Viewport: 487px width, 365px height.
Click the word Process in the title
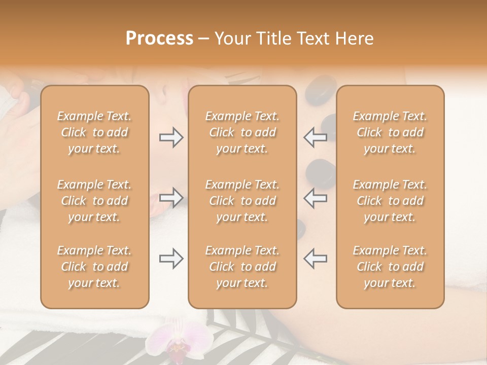click(x=159, y=39)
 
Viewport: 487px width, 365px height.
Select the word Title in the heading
click(x=273, y=39)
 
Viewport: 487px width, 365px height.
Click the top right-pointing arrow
click(x=171, y=137)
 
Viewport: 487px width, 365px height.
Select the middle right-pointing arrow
click(x=171, y=197)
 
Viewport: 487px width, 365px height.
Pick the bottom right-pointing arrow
click(x=171, y=259)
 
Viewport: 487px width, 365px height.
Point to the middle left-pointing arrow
click(x=315, y=197)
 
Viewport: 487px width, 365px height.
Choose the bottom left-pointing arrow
click(x=315, y=259)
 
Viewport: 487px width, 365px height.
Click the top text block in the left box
click(x=94, y=132)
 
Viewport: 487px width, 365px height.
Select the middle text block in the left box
click(x=94, y=201)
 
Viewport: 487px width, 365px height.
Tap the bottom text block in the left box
click(x=94, y=267)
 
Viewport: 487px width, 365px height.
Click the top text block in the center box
click(x=242, y=132)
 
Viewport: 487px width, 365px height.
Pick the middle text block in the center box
click(x=242, y=201)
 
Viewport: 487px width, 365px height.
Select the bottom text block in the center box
click(x=242, y=267)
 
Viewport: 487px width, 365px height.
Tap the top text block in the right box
click(x=390, y=132)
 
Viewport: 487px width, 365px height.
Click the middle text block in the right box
click(x=390, y=201)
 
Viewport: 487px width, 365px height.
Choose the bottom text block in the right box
click(x=390, y=267)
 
